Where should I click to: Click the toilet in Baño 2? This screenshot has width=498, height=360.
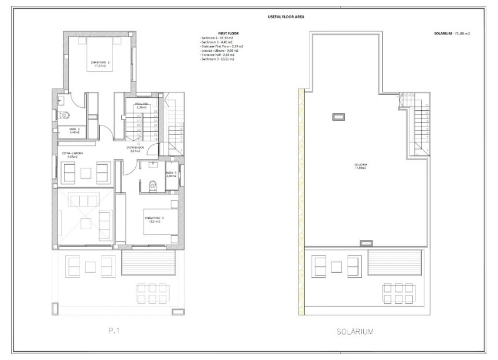(x=66, y=115)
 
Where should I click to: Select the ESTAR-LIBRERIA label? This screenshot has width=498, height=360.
(x=73, y=155)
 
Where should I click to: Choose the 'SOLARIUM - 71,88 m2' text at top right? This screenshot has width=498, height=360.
(x=449, y=33)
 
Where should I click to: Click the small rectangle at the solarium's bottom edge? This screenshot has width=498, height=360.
(x=365, y=242)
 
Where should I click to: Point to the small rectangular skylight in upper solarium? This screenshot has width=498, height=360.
(x=338, y=117)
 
